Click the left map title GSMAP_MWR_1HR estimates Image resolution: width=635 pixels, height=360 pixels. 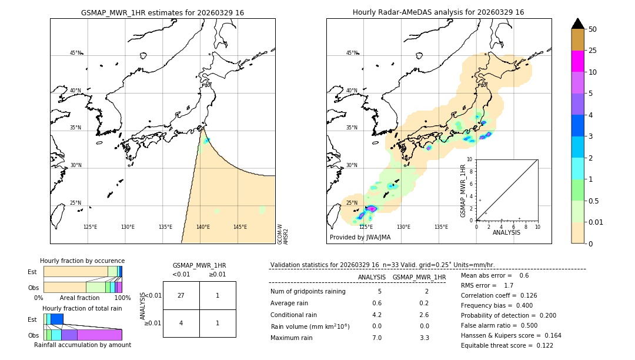tap(162, 12)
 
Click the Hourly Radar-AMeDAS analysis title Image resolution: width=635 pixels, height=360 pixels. tap(438, 12)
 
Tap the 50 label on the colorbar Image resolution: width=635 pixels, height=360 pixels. tap(593, 29)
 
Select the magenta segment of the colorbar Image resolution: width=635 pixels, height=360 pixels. tap(577, 61)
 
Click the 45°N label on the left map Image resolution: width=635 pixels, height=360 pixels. tap(76, 53)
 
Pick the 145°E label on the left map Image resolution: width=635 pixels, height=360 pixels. tap(240, 227)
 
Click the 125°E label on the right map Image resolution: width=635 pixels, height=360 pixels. tap(366, 227)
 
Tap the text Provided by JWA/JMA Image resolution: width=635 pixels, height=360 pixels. tap(360, 238)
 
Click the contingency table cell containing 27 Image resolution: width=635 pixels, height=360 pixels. tap(181, 295)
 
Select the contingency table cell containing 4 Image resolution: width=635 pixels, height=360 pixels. tap(181, 323)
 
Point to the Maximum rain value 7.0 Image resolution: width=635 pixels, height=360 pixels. tap(376, 338)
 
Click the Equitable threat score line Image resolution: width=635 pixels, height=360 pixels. tap(507, 346)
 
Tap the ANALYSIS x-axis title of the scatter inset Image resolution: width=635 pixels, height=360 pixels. tap(506, 233)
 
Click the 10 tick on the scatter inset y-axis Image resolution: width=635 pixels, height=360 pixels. tap(469, 159)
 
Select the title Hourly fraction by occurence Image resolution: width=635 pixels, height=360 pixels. tap(82, 261)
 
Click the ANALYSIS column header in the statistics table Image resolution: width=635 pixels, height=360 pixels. tap(372, 277)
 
